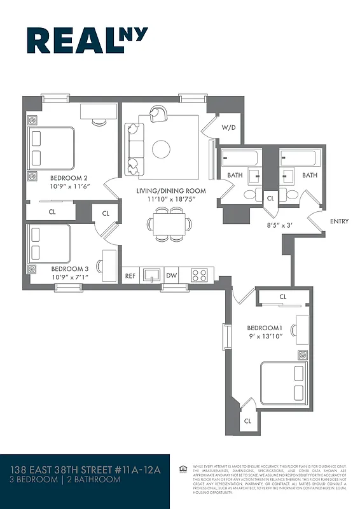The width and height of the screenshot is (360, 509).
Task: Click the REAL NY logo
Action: click(x=87, y=40)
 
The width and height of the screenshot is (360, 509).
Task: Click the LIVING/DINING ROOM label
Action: click(x=170, y=191)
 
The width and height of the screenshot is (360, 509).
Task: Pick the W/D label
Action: click(x=228, y=128)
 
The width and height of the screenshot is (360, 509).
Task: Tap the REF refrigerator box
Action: click(x=130, y=275)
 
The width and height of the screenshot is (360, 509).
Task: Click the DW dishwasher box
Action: click(x=171, y=275)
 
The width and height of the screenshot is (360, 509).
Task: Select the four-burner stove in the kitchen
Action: click(x=199, y=275)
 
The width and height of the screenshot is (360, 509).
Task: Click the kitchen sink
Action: click(x=151, y=275)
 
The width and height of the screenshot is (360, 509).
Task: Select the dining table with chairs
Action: click(x=170, y=224)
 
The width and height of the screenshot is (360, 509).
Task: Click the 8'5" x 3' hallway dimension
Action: click(x=280, y=225)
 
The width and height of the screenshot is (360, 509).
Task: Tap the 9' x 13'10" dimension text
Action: click(x=266, y=338)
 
